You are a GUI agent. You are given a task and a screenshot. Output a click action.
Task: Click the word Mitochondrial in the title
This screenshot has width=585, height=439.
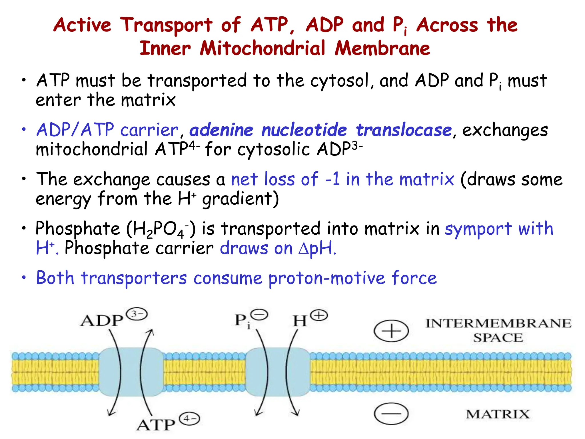[262, 49]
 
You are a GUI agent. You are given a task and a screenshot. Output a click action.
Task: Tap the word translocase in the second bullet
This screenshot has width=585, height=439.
[403, 130]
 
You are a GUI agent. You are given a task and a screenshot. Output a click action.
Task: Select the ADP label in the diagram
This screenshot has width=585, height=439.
[102, 321]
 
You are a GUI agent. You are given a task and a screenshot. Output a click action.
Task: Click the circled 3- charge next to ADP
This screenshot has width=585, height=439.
[137, 314]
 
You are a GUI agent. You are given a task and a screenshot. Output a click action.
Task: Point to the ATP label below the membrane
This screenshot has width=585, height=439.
[156, 425]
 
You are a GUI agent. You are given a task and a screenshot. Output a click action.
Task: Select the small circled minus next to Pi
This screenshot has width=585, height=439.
[260, 315]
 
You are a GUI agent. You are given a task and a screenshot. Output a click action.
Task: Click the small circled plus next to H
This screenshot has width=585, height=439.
[319, 316]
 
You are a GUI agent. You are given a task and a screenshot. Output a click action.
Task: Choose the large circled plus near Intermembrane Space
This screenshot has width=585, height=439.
[391, 331]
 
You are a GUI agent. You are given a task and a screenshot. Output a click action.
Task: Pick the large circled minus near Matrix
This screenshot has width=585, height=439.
[391, 414]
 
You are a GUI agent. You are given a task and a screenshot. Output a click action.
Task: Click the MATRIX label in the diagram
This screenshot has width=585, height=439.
[498, 414]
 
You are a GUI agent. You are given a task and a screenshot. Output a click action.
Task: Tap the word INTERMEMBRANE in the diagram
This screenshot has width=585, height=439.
[498, 324]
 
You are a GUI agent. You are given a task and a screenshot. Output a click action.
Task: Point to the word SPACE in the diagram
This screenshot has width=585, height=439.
[498, 338]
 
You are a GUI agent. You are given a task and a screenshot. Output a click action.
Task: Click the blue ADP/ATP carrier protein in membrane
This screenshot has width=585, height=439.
[131, 372]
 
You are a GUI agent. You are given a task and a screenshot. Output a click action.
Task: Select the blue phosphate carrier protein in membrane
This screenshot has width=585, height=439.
[277, 372]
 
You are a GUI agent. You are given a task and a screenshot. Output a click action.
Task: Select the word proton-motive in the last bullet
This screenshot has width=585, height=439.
[327, 278]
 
